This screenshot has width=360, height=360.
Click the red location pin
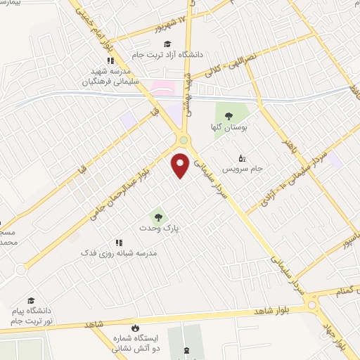(x=181, y=165)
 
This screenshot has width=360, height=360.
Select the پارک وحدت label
(x=159, y=229)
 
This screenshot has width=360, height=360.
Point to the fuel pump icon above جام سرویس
(x=243, y=158)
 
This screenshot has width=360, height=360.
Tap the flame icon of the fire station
(x=135, y=328)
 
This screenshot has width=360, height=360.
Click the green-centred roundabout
(x=184, y=140)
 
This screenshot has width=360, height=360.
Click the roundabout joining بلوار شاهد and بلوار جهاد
(x=311, y=307)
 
